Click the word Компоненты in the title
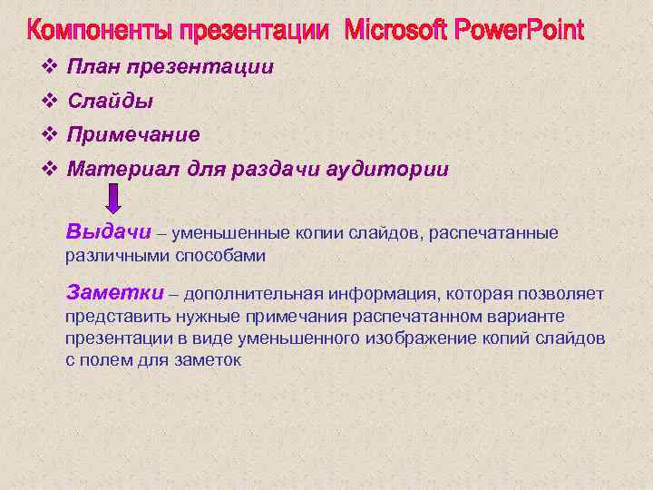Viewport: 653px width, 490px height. [x=99, y=31]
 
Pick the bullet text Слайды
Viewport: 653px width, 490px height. [x=110, y=101]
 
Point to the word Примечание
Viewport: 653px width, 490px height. [x=133, y=134]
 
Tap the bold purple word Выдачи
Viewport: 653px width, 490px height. [x=108, y=230]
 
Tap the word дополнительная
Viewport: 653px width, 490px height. [x=250, y=294]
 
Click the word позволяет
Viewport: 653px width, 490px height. [x=562, y=294]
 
